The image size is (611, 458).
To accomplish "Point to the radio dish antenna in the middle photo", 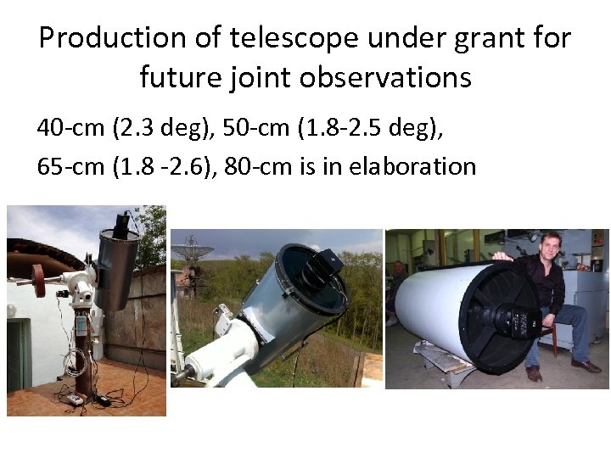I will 188,251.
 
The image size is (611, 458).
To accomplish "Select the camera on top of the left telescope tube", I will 122,224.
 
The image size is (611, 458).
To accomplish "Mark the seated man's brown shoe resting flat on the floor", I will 585,366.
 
